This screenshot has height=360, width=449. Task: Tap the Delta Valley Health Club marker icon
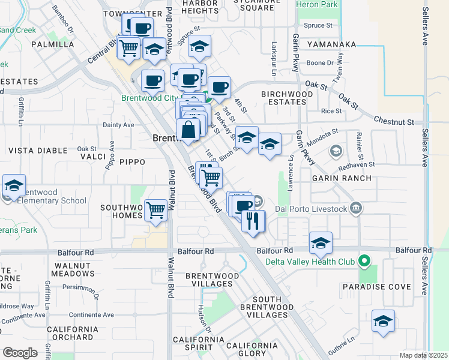pos(363,261)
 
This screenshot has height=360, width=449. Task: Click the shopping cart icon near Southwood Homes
pos(156,210)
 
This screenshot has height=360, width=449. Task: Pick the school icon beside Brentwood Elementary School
pos(14,187)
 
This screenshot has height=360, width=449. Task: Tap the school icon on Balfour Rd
pos(321,243)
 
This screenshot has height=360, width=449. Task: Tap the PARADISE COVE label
pos(377,287)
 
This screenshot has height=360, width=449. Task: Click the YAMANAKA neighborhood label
pos(331,44)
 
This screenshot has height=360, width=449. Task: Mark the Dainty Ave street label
pos(118,125)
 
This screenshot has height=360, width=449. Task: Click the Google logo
pos(20,353)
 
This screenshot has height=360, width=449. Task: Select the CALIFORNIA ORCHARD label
pos(72,333)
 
